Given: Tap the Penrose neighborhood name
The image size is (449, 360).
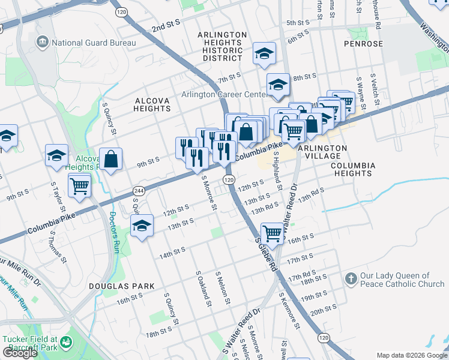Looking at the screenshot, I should point(363,44).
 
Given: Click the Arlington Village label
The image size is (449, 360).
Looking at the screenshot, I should point(322,152).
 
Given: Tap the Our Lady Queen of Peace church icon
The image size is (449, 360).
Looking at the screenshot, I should point(351,279).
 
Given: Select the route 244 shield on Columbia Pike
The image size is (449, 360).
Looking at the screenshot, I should point(139,190).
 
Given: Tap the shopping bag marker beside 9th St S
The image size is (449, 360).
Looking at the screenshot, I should point(111,160).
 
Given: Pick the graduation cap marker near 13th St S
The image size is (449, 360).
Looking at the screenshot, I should point(142,226).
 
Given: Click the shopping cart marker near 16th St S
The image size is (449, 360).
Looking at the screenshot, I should point(273,233).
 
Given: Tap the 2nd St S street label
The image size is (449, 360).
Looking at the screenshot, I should point(166,28).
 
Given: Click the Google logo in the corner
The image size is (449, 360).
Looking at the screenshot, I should point(20,353).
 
